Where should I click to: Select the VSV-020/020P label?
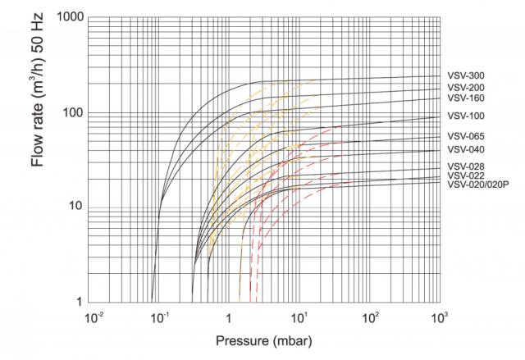pyautogui.click(x=478, y=185)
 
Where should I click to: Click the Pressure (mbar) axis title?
pyautogui.click(x=263, y=339)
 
